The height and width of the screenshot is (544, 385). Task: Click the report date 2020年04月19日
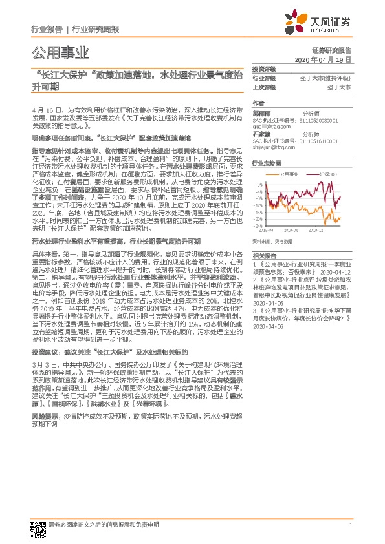322,59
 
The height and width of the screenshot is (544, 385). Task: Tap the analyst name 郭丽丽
261,114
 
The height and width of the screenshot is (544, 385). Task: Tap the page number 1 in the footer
349,525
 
